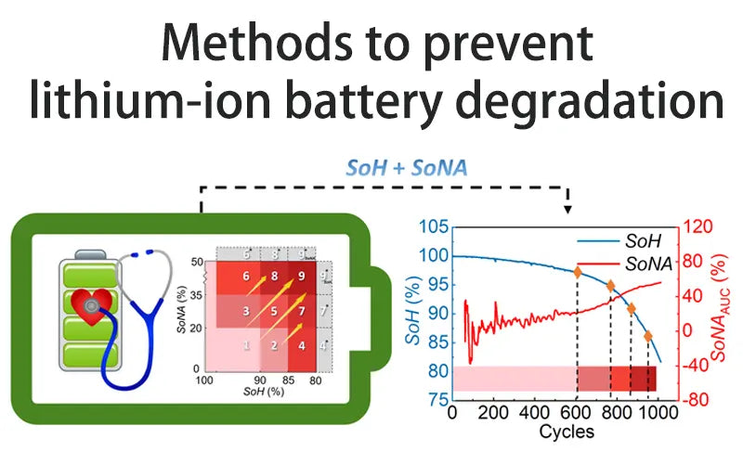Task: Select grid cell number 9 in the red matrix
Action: pos(301,276)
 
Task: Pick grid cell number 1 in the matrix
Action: pos(246,345)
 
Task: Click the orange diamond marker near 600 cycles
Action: pos(577,273)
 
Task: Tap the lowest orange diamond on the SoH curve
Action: pos(647,336)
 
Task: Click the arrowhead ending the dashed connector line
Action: pos(568,210)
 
